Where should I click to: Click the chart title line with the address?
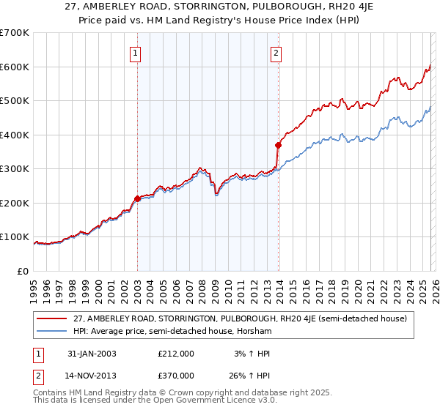[x=219, y=8]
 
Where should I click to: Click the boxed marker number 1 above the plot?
[x=137, y=52]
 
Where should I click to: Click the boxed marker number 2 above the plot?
[x=276, y=52]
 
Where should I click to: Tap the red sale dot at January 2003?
[x=137, y=198]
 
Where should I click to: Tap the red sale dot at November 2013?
[x=278, y=145]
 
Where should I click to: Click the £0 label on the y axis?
[x=23, y=271]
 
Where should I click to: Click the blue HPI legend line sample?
[x=53, y=332]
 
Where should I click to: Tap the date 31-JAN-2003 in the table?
[x=90, y=354]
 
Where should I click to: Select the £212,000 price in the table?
[x=175, y=354]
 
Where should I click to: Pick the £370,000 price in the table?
[x=175, y=376]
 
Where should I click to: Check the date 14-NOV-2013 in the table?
[x=91, y=376]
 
